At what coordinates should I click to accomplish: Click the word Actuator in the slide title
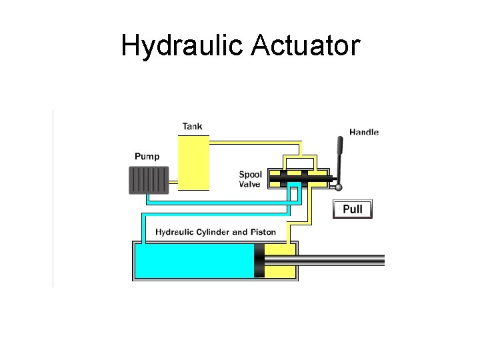pos(305,45)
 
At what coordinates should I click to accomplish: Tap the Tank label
pos(192,126)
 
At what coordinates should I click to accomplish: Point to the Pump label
pos(147,157)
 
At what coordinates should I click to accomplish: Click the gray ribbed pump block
pos(147,179)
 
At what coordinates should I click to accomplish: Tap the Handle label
pos(364,132)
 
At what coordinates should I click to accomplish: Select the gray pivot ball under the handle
pos(339,187)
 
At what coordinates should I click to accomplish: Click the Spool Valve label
pos(251,179)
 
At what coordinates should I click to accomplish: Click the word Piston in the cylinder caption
pos(263,232)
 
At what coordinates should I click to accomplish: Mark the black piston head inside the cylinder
pos(259,260)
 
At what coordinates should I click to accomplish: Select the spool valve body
pos(299,177)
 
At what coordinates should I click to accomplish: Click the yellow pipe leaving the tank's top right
pos(253,142)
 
